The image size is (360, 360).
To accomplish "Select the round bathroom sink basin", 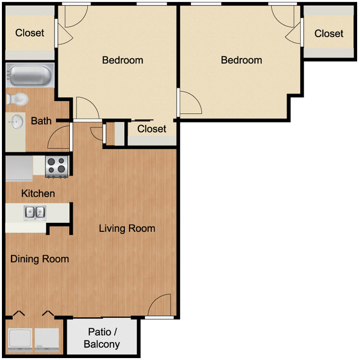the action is [x=16, y=122].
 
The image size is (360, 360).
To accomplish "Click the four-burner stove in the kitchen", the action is [x=57, y=167].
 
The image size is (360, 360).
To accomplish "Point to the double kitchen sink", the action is [x=35, y=213].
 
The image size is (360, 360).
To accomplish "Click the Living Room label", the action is [x=127, y=228].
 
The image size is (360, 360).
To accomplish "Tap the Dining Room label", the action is [x=40, y=259].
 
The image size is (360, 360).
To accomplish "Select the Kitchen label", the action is [x=38, y=193].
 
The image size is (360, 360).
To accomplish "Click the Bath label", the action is [x=41, y=121].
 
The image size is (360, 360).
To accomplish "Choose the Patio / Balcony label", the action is [x=102, y=338].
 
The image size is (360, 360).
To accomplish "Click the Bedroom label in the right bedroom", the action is [x=241, y=60].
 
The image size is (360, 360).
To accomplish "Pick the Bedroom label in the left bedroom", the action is [x=122, y=60].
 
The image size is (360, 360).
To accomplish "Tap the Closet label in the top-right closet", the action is [x=329, y=34].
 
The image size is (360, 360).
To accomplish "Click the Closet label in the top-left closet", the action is [x=30, y=33].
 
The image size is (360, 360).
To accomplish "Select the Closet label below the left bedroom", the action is [x=152, y=129].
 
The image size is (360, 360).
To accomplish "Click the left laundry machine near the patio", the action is [x=20, y=341].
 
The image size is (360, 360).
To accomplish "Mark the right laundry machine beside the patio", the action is [x=47, y=341].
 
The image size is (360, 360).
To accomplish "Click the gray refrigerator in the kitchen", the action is [x=19, y=169].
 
